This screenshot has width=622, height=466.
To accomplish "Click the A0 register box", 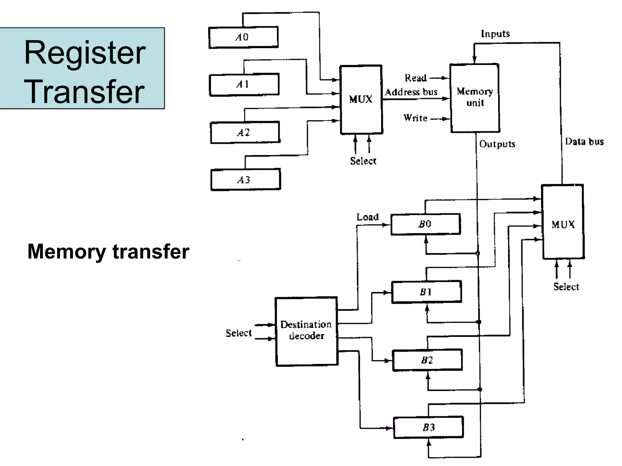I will (x=243, y=37).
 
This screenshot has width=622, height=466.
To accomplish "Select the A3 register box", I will (x=245, y=180).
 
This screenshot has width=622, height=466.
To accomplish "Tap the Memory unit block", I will (x=475, y=98).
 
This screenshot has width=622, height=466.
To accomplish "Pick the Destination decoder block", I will (x=306, y=331).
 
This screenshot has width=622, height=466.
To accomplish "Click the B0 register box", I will (x=425, y=224).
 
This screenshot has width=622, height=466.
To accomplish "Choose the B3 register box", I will (x=428, y=427).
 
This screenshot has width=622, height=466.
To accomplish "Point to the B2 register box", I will (x=427, y=360).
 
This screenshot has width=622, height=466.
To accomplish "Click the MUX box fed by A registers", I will (x=361, y=99).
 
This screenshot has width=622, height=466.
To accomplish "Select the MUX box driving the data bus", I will (x=563, y=222).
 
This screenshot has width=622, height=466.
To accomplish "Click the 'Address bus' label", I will (x=411, y=92).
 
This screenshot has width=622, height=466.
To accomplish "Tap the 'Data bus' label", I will (x=584, y=141).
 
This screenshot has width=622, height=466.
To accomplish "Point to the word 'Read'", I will (x=415, y=78).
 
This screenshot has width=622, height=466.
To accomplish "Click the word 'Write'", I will (x=415, y=118).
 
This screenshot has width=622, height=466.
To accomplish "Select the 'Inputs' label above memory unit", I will (x=495, y=34).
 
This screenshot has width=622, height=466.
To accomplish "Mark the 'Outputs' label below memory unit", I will (x=497, y=144).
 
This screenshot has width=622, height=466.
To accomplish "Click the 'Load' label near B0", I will (x=367, y=217).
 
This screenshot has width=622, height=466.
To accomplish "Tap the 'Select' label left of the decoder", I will (x=239, y=333).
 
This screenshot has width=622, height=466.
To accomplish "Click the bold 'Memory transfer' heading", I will (x=108, y=251).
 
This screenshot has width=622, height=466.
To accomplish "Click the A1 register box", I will (x=244, y=84).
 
